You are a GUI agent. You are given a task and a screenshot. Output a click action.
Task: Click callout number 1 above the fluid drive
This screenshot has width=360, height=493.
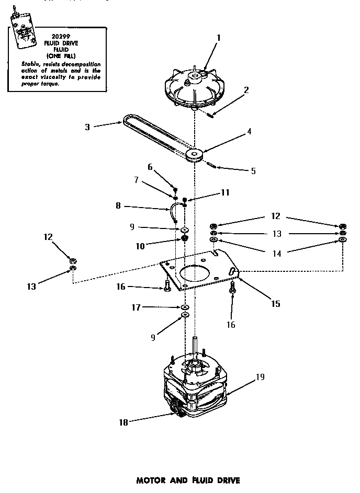click(218, 38)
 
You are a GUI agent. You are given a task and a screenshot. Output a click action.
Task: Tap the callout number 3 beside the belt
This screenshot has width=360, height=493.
click(88, 126)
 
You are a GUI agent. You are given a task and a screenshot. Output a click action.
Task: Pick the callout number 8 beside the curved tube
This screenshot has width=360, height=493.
click(118, 207)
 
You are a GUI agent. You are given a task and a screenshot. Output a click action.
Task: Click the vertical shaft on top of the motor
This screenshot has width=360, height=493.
click(196, 348)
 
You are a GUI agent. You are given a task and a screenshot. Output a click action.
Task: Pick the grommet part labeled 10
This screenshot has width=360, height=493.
click(185, 239)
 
